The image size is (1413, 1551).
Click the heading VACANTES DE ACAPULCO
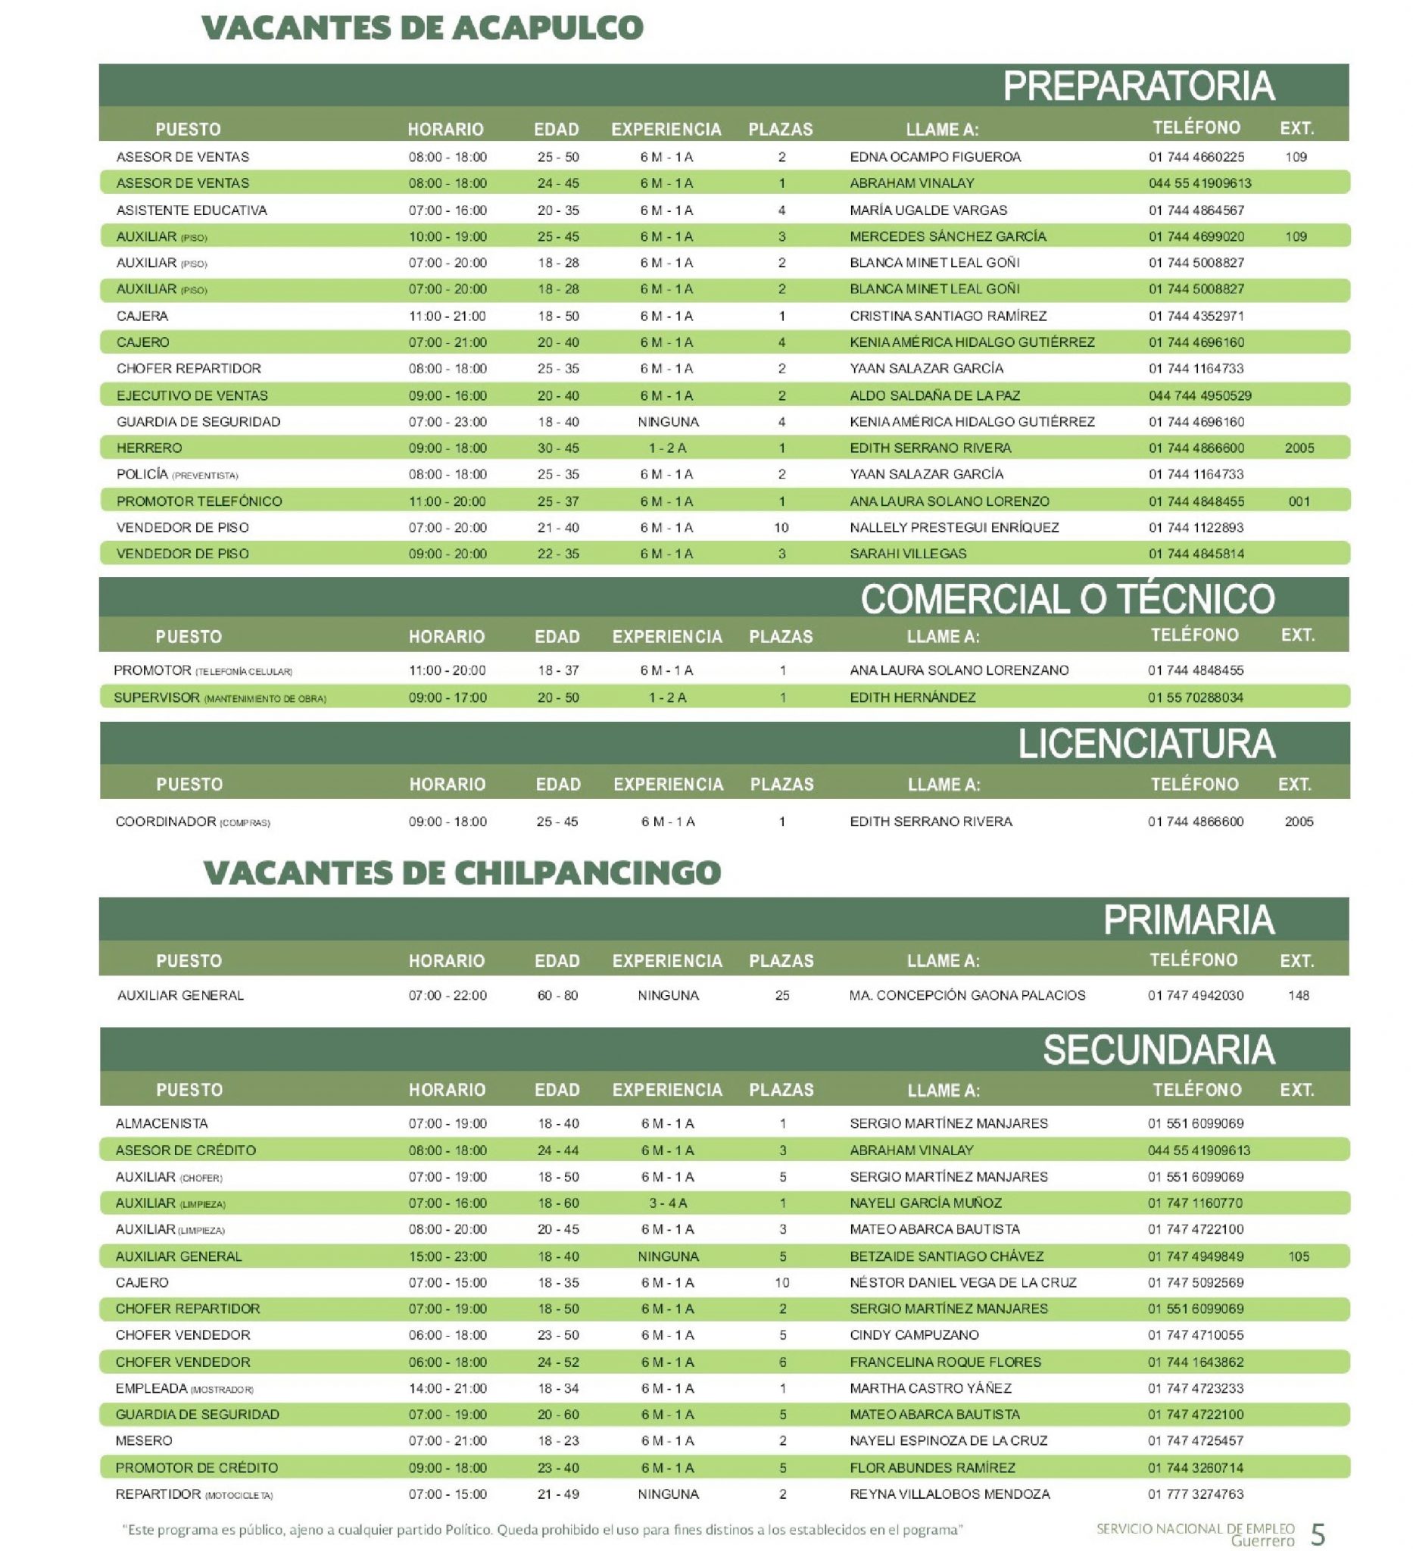422,29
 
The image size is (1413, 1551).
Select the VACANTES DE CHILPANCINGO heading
461,872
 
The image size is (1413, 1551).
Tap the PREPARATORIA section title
1137,86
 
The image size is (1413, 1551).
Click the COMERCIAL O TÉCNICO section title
1067,599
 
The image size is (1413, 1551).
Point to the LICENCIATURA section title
1146,744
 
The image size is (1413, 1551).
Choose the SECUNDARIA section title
1158,1050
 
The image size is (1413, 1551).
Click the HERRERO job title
149,448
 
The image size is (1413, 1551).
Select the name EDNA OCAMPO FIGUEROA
934,157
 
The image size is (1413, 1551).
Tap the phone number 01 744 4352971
1196,317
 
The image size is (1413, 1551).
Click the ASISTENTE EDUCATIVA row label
192,210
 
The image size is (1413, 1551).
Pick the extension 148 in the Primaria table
1298,996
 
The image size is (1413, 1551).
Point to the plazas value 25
781,996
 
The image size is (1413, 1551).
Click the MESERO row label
144,1441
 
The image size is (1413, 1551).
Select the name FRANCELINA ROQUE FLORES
944,1362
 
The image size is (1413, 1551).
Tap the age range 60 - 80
557,996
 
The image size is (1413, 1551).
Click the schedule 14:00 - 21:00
447,1388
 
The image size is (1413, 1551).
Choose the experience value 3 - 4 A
667,1203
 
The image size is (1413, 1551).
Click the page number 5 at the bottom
1318,1534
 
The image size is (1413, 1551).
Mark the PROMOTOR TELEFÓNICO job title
199,501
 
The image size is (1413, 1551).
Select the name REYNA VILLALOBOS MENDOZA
949,1494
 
